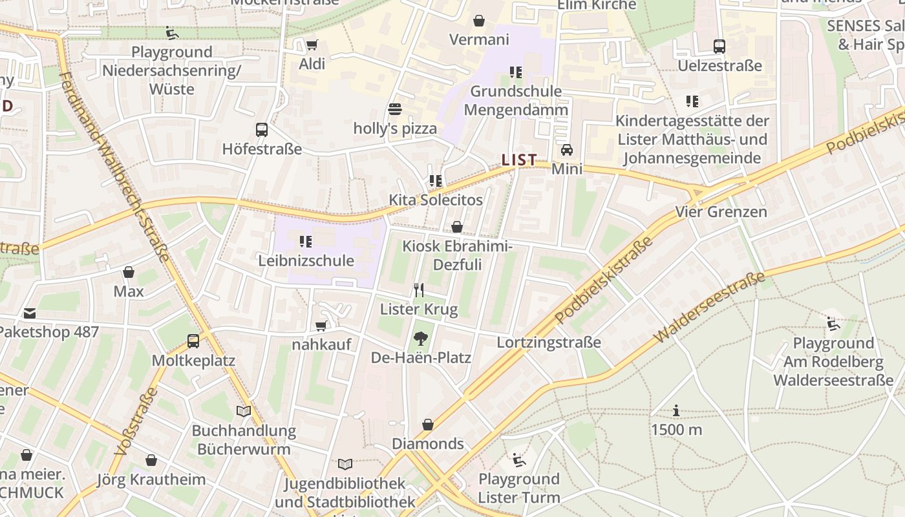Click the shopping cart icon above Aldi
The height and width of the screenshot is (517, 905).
coord(312,45)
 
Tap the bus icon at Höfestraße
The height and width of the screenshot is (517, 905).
coord(262,130)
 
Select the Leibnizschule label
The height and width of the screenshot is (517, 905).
coord(306,260)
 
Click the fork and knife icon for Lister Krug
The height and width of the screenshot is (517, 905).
coord(419,290)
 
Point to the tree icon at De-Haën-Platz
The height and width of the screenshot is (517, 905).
coord(421,338)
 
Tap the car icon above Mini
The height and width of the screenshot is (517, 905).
coord(567,150)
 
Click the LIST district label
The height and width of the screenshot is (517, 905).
coord(519,160)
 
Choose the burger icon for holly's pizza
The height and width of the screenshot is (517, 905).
coord(395,109)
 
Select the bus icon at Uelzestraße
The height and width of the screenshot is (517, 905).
coord(719,47)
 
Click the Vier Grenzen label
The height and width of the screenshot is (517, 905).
coord(721,211)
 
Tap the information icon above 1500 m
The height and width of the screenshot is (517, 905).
coord(676,410)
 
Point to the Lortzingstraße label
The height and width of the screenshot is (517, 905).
coord(548,343)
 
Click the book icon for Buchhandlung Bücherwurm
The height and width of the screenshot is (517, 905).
coord(244,411)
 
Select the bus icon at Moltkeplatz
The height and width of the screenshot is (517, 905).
coord(193,341)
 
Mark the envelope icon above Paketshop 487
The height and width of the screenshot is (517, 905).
coord(30,313)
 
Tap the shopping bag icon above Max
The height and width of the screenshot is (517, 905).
coord(129,272)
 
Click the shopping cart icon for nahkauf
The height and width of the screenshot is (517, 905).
coord(321,326)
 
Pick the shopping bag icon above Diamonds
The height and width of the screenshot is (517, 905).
coord(427,425)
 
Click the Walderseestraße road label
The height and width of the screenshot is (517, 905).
coord(710,308)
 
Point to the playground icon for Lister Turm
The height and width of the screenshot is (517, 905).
coord(518,459)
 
